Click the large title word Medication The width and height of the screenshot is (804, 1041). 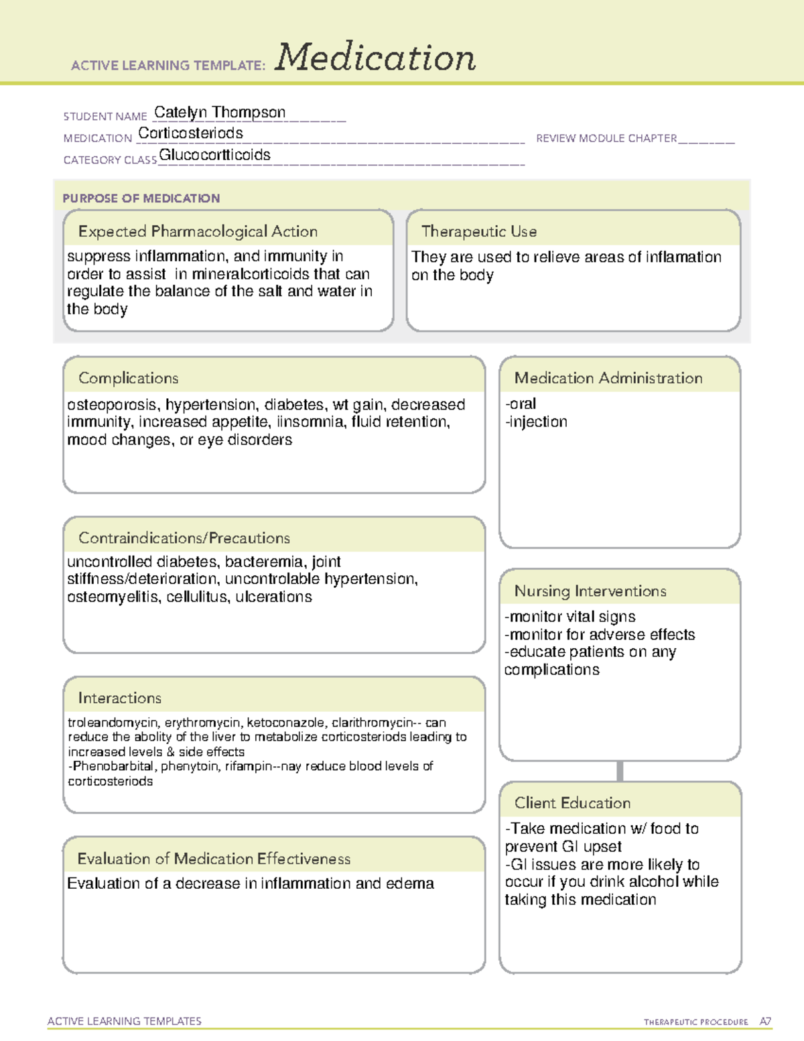[375, 58]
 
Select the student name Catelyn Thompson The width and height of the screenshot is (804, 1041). [220, 113]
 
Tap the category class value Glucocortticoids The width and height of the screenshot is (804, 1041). [214, 155]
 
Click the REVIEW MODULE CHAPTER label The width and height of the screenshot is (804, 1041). [606, 139]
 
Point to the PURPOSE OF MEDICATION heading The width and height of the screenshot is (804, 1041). [141, 198]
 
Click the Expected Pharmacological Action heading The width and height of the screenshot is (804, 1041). [198, 231]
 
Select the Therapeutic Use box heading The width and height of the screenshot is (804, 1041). [479, 231]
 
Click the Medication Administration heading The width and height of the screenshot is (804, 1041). [608, 378]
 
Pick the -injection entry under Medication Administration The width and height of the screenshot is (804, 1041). [537, 422]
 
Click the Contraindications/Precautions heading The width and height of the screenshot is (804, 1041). [184, 538]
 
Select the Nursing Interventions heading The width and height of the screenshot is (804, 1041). [590, 591]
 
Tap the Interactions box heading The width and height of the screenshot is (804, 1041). [120, 698]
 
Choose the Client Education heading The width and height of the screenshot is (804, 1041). [573, 803]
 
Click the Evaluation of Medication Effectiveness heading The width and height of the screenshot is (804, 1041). [214, 859]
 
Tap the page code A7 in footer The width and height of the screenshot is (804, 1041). [765, 1022]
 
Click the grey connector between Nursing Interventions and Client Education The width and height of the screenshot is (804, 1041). [620, 771]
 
